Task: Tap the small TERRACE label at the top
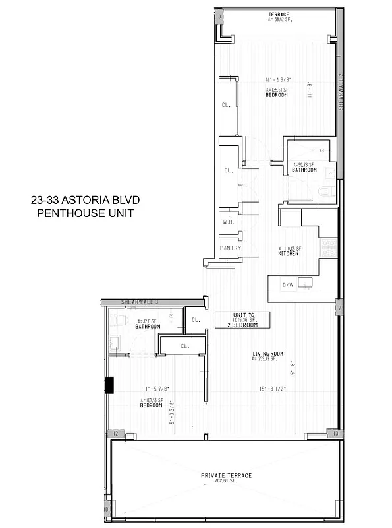point(279,15)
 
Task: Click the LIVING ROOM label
point(267,354)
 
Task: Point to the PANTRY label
point(231,248)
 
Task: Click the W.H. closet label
point(229,222)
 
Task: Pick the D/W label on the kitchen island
point(288,284)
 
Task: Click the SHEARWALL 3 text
point(140,302)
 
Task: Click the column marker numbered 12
point(115,434)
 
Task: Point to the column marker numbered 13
point(335,434)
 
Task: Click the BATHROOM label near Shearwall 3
point(148,327)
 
